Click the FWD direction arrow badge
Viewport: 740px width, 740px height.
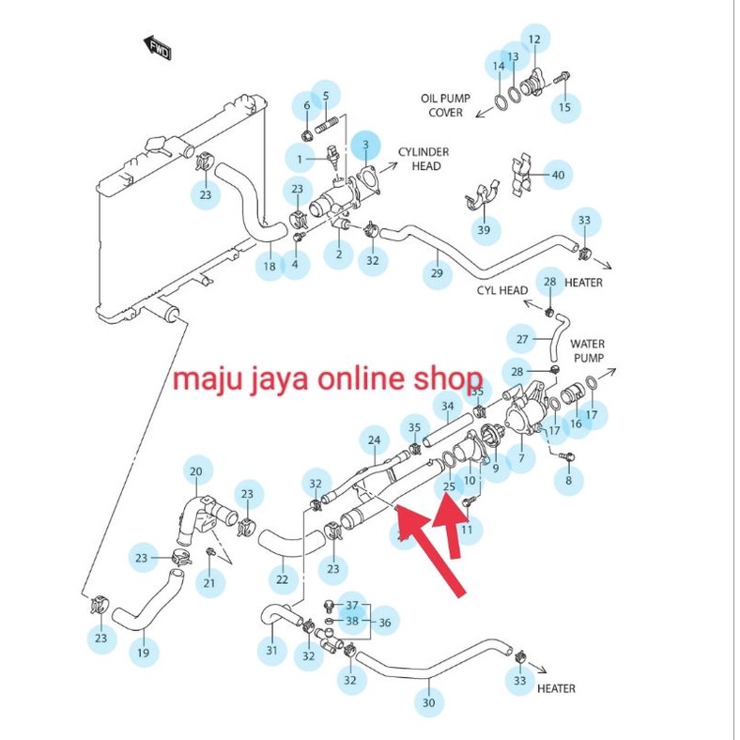click(x=156, y=48)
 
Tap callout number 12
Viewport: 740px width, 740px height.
click(x=533, y=39)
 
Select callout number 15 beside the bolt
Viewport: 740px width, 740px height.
click(x=564, y=107)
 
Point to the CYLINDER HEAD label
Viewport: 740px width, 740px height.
click(x=424, y=159)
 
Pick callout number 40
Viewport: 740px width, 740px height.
click(x=558, y=176)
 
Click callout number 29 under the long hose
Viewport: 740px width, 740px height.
click(x=437, y=273)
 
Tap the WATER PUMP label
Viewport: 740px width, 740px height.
click(x=588, y=351)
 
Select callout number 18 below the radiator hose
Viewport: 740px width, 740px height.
click(x=270, y=267)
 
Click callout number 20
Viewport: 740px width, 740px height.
click(x=196, y=471)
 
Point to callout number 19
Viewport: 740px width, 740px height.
click(x=143, y=651)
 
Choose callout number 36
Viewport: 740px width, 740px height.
click(x=384, y=622)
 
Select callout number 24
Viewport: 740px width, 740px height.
click(x=375, y=439)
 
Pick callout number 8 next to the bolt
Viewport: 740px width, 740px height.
click(x=566, y=481)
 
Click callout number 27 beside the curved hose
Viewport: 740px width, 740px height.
click(x=524, y=339)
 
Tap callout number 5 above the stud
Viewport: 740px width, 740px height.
click(x=326, y=95)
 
